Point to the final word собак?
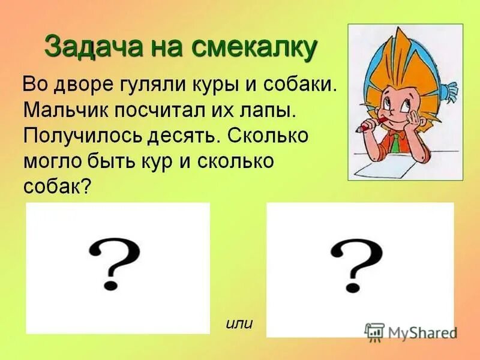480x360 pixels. pos(57,186)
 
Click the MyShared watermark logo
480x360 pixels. pos(410,332)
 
